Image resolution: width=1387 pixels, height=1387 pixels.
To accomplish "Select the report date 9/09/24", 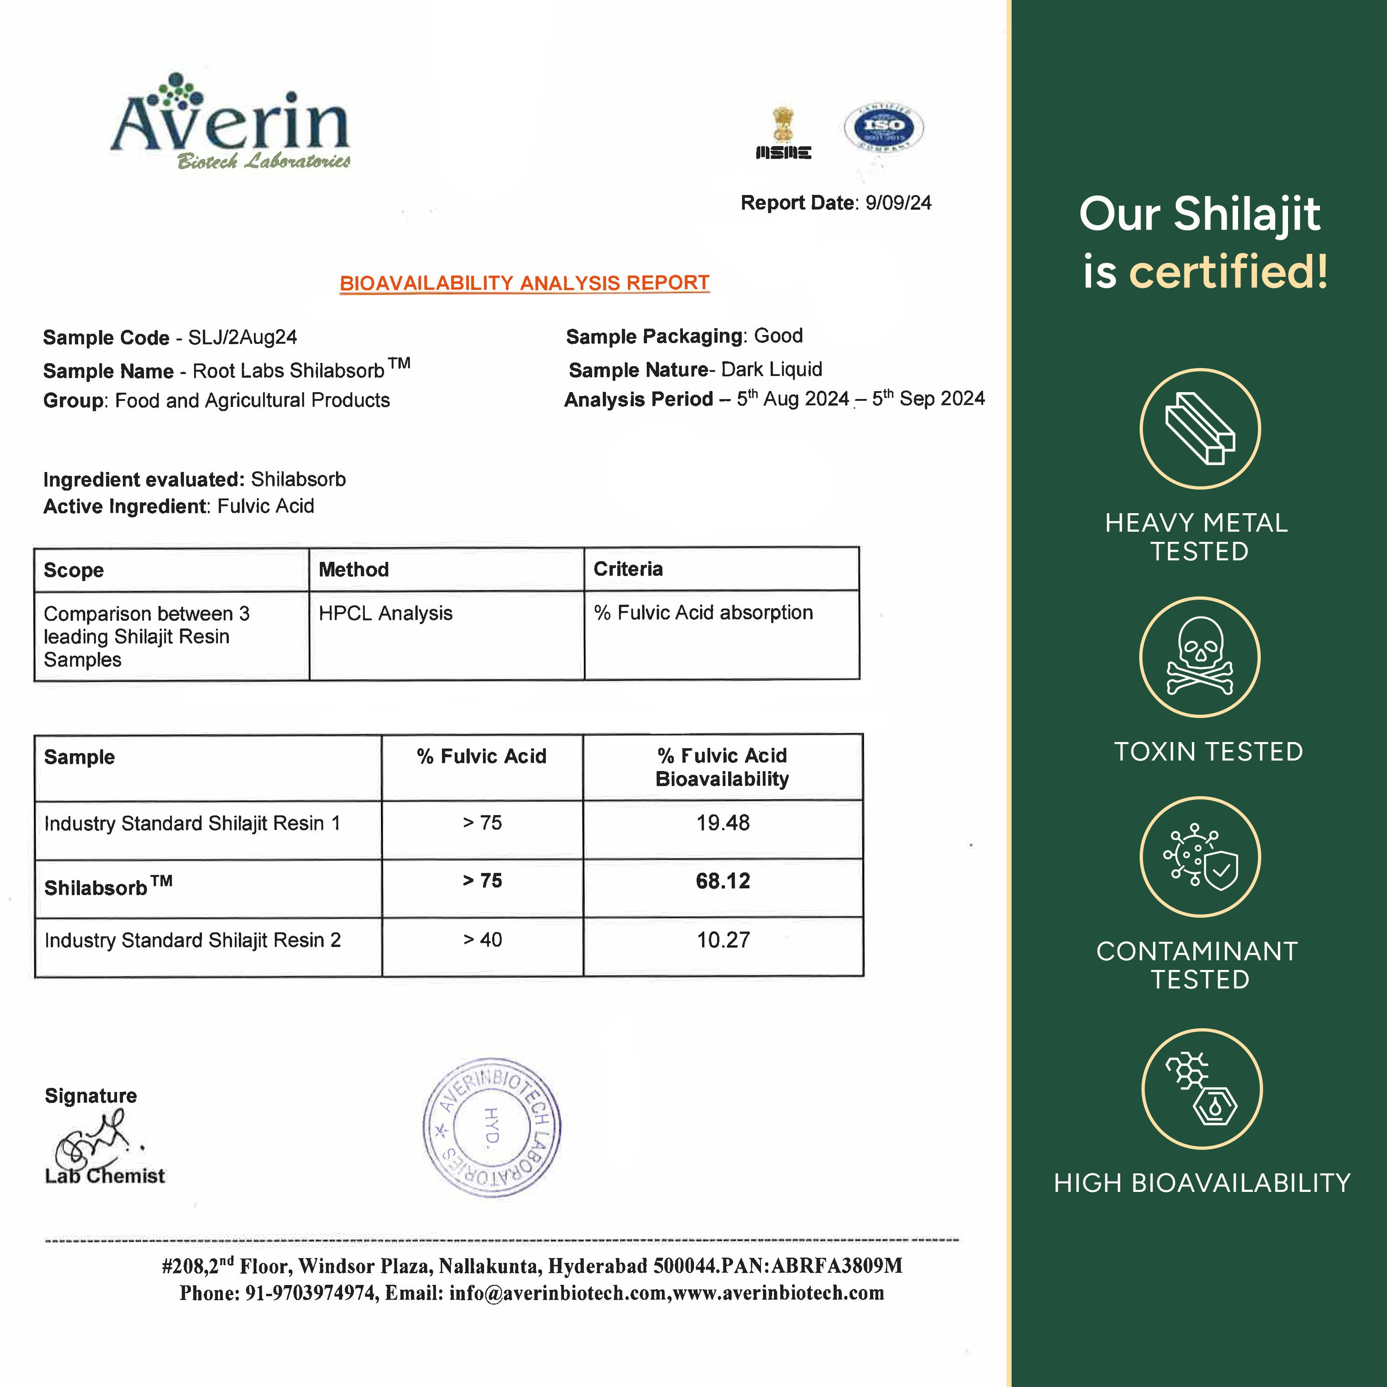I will pyautogui.click(x=898, y=203).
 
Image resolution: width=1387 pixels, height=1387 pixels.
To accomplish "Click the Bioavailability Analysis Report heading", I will pyautogui.click(x=524, y=283).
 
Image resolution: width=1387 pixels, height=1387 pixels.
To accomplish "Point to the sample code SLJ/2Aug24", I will pyautogui.click(x=243, y=338).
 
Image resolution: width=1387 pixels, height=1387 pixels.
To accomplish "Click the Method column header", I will pyautogui.click(x=354, y=570).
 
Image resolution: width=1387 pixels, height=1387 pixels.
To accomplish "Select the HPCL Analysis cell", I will pyautogui.click(x=386, y=613).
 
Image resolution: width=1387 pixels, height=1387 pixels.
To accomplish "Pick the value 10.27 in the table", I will pyautogui.click(x=723, y=940).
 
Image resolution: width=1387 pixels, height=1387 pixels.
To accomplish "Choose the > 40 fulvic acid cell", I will pyautogui.click(x=482, y=940).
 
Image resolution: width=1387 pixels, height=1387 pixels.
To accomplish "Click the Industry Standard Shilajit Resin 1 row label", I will pyautogui.click(x=192, y=823).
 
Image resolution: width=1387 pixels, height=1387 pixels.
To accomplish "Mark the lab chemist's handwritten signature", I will pyautogui.click(x=93, y=1142).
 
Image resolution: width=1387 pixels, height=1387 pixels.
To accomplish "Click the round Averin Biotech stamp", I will pyautogui.click(x=492, y=1127).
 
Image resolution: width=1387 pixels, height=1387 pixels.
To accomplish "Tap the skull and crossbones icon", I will pyautogui.click(x=1200, y=657).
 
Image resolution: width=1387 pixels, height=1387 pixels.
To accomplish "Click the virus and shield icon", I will pyautogui.click(x=1200, y=856).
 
